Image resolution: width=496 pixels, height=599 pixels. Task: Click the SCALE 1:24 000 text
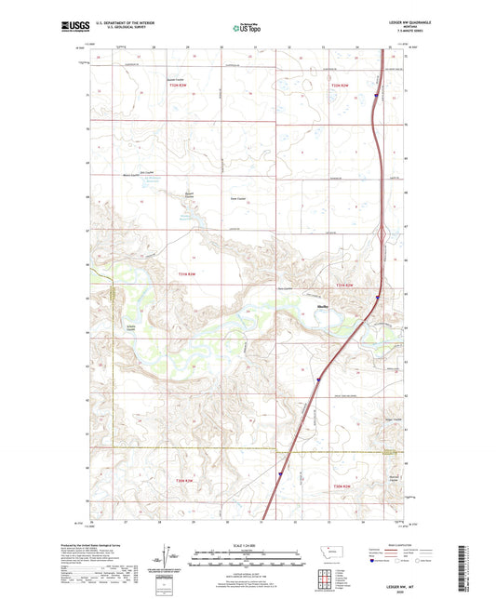coord(246,545)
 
